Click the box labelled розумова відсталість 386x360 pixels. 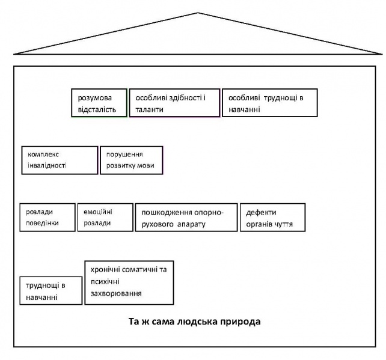click(x=99, y=103)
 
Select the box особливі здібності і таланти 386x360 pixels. click(x=174, y=103)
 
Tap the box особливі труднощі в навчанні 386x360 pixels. click(x=269, y=103)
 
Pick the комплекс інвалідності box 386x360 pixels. click(x=59, y=160)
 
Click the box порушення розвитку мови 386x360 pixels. click(x=132, y=160)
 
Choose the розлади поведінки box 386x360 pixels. click(x=47, y=217)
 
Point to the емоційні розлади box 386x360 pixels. click(x=105, y=217)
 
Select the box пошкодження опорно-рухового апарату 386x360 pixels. click(x=186, y=218)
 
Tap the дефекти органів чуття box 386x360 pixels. click(x=272, y=217)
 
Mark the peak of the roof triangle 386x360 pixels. click(x=198, y=13)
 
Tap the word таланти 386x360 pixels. click(x=148, y=109)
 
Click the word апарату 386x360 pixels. click(x=192, y=224)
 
